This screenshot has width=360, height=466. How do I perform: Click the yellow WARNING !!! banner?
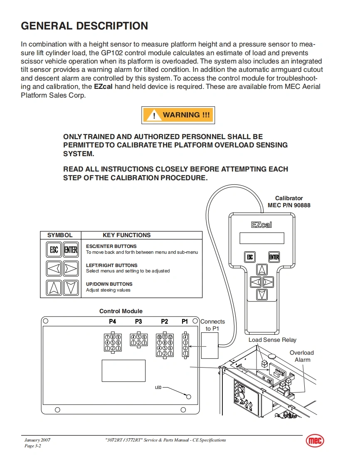tap(178, 115)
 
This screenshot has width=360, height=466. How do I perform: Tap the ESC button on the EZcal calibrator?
tap(249, 257)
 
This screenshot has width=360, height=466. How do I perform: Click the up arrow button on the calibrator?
tap(261, 269)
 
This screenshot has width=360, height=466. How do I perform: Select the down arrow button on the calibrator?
tap(261, 294)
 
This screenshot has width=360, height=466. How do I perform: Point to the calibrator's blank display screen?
tap(261, 238)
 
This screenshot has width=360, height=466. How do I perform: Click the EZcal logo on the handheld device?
tap(261, 225)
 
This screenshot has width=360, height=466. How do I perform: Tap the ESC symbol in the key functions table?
tap(54, 250)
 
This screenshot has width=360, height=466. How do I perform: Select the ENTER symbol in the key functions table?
tap(71, 250)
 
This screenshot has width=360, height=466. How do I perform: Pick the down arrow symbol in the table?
tap(71, 287)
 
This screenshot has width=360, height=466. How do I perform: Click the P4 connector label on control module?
tap(112, 321)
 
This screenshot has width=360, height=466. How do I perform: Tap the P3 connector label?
tap(138, 321)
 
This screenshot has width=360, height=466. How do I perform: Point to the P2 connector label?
tap(164, 321)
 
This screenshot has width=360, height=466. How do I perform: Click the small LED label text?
tap(158, 388)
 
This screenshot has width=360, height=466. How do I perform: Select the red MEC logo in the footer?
tap(315, 441)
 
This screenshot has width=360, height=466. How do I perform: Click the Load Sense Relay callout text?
tap(272, 340)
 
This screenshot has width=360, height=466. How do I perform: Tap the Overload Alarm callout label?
tap(302, 356)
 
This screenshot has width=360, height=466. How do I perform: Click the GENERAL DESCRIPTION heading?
tap(84, 26)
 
